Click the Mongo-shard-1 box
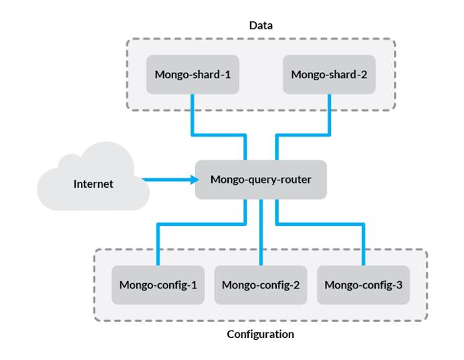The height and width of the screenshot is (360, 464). click(193, 74)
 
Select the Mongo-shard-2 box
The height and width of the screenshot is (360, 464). click(329, 74)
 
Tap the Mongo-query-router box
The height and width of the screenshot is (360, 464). click(261, 179)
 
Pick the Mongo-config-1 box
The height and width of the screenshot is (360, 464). click(158, 285)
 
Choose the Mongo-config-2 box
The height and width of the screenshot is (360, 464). click(260, 285)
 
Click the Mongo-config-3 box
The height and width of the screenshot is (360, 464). click(363, 285)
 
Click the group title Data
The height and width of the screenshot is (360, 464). click(261, 25)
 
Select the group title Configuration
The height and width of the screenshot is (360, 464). click(260, 334)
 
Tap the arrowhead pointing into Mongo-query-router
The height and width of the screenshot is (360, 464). click(193, 179)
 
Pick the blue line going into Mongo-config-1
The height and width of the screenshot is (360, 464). click(158, 244)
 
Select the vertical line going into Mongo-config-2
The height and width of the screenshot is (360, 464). click(261, 234)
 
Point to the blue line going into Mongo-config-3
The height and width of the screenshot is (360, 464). click(363, 244)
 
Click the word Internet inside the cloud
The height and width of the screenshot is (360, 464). click(93, 184)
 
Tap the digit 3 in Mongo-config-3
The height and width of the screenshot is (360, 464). click(398, 285)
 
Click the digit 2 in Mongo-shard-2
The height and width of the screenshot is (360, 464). click(364, 74)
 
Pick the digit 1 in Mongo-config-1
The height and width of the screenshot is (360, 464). click(193, 285)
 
